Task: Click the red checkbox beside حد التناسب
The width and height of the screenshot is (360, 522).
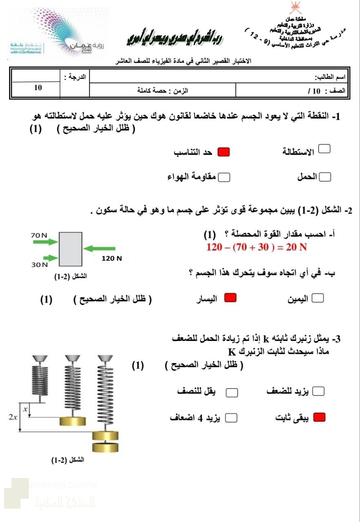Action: pos(223,153)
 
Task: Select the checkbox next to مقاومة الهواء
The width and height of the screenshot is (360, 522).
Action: pos(224,177)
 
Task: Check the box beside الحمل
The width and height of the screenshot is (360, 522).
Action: pos(325,177)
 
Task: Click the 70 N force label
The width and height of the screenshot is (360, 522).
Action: pos(39,235)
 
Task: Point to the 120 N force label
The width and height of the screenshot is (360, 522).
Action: pos(112,258)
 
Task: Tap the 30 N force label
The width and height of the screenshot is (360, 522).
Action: pos(40,265)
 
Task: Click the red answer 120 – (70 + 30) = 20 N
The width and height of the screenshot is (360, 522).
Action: pos(256,247)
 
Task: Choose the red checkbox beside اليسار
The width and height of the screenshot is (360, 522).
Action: pos(231,299)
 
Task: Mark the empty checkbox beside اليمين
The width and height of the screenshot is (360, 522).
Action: pos(318,299)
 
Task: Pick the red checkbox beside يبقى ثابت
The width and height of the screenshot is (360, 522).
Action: pos(319,417)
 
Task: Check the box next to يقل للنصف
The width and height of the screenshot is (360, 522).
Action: pos(232,392)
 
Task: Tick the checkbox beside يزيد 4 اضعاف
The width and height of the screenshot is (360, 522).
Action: pos(231,418)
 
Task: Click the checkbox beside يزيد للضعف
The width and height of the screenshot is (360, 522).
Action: pos(318,391)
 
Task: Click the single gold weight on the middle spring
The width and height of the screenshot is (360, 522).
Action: pos(73,421)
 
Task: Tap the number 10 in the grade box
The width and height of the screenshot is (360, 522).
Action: pos(38,87)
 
